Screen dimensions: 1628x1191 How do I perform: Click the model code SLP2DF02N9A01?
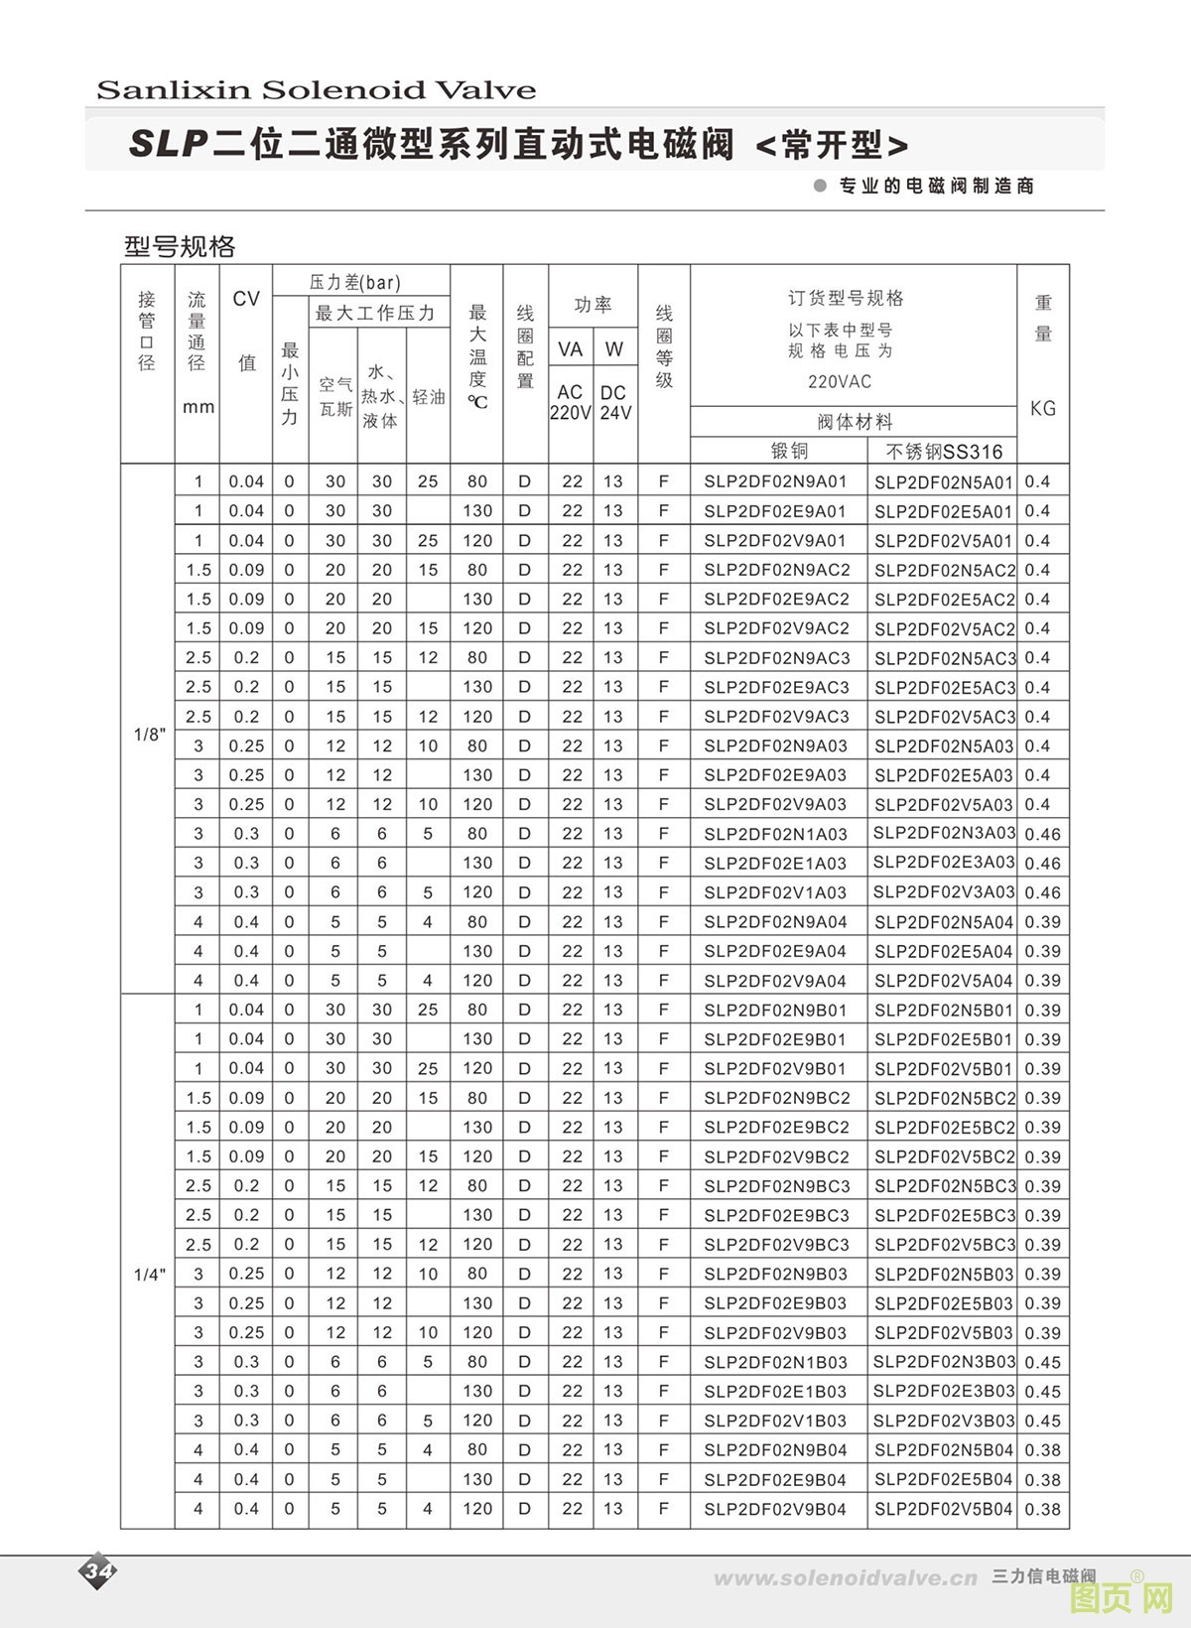[x=775, y=482]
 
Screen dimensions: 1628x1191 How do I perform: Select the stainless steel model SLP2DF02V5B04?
[x=943, y=1509]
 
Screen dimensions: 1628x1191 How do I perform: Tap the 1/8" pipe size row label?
[x=149, y=735]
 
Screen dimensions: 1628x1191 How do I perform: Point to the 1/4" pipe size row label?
[x=149, y=1275]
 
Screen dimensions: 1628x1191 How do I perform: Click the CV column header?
[x=245, y=300]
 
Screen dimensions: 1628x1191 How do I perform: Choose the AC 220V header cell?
[x=570, y=402]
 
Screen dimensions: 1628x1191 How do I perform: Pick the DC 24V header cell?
[x=614, y=402]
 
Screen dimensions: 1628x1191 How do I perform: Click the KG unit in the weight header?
[x=1043, y=408]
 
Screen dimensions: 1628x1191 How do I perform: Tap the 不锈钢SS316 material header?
[x=944, y=452]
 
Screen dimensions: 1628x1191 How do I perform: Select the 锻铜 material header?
[x=790, y=451]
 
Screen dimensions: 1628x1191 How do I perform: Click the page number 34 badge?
[x=98, y=1571]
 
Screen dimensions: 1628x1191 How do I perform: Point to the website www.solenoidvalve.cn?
[x=846, y=1578]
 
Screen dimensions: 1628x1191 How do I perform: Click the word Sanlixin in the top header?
[x=174, y=90]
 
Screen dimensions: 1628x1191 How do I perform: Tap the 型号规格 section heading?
[x=180, y=245]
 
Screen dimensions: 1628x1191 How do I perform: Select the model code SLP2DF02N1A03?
[x=775, y=834]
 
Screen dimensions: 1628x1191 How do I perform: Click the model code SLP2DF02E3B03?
[x=944, y=1391]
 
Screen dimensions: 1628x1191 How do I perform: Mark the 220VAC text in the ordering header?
[x=840, y=381]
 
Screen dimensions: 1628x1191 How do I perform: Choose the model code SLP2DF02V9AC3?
[x=776, y=717]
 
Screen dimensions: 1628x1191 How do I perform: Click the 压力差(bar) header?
[x=354, y=283]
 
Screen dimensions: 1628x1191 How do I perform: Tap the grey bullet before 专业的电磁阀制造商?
[x=820, y=186]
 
